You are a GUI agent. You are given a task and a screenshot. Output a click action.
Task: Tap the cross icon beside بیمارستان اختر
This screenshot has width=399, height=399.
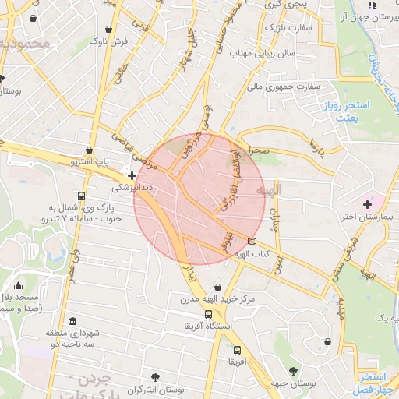tap(367, 203)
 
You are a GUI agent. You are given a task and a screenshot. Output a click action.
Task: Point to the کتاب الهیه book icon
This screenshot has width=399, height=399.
tap(251, 242)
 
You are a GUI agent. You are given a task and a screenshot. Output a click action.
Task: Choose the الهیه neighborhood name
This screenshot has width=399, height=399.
tap(291, 190)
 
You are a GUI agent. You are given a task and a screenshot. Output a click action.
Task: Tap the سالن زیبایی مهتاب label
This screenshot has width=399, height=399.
tap(265, 53)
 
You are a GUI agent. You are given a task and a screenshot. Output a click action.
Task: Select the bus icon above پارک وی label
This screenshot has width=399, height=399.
tap(81, 196)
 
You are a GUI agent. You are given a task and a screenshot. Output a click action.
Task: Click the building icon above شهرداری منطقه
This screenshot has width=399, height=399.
tap(72, 321)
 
